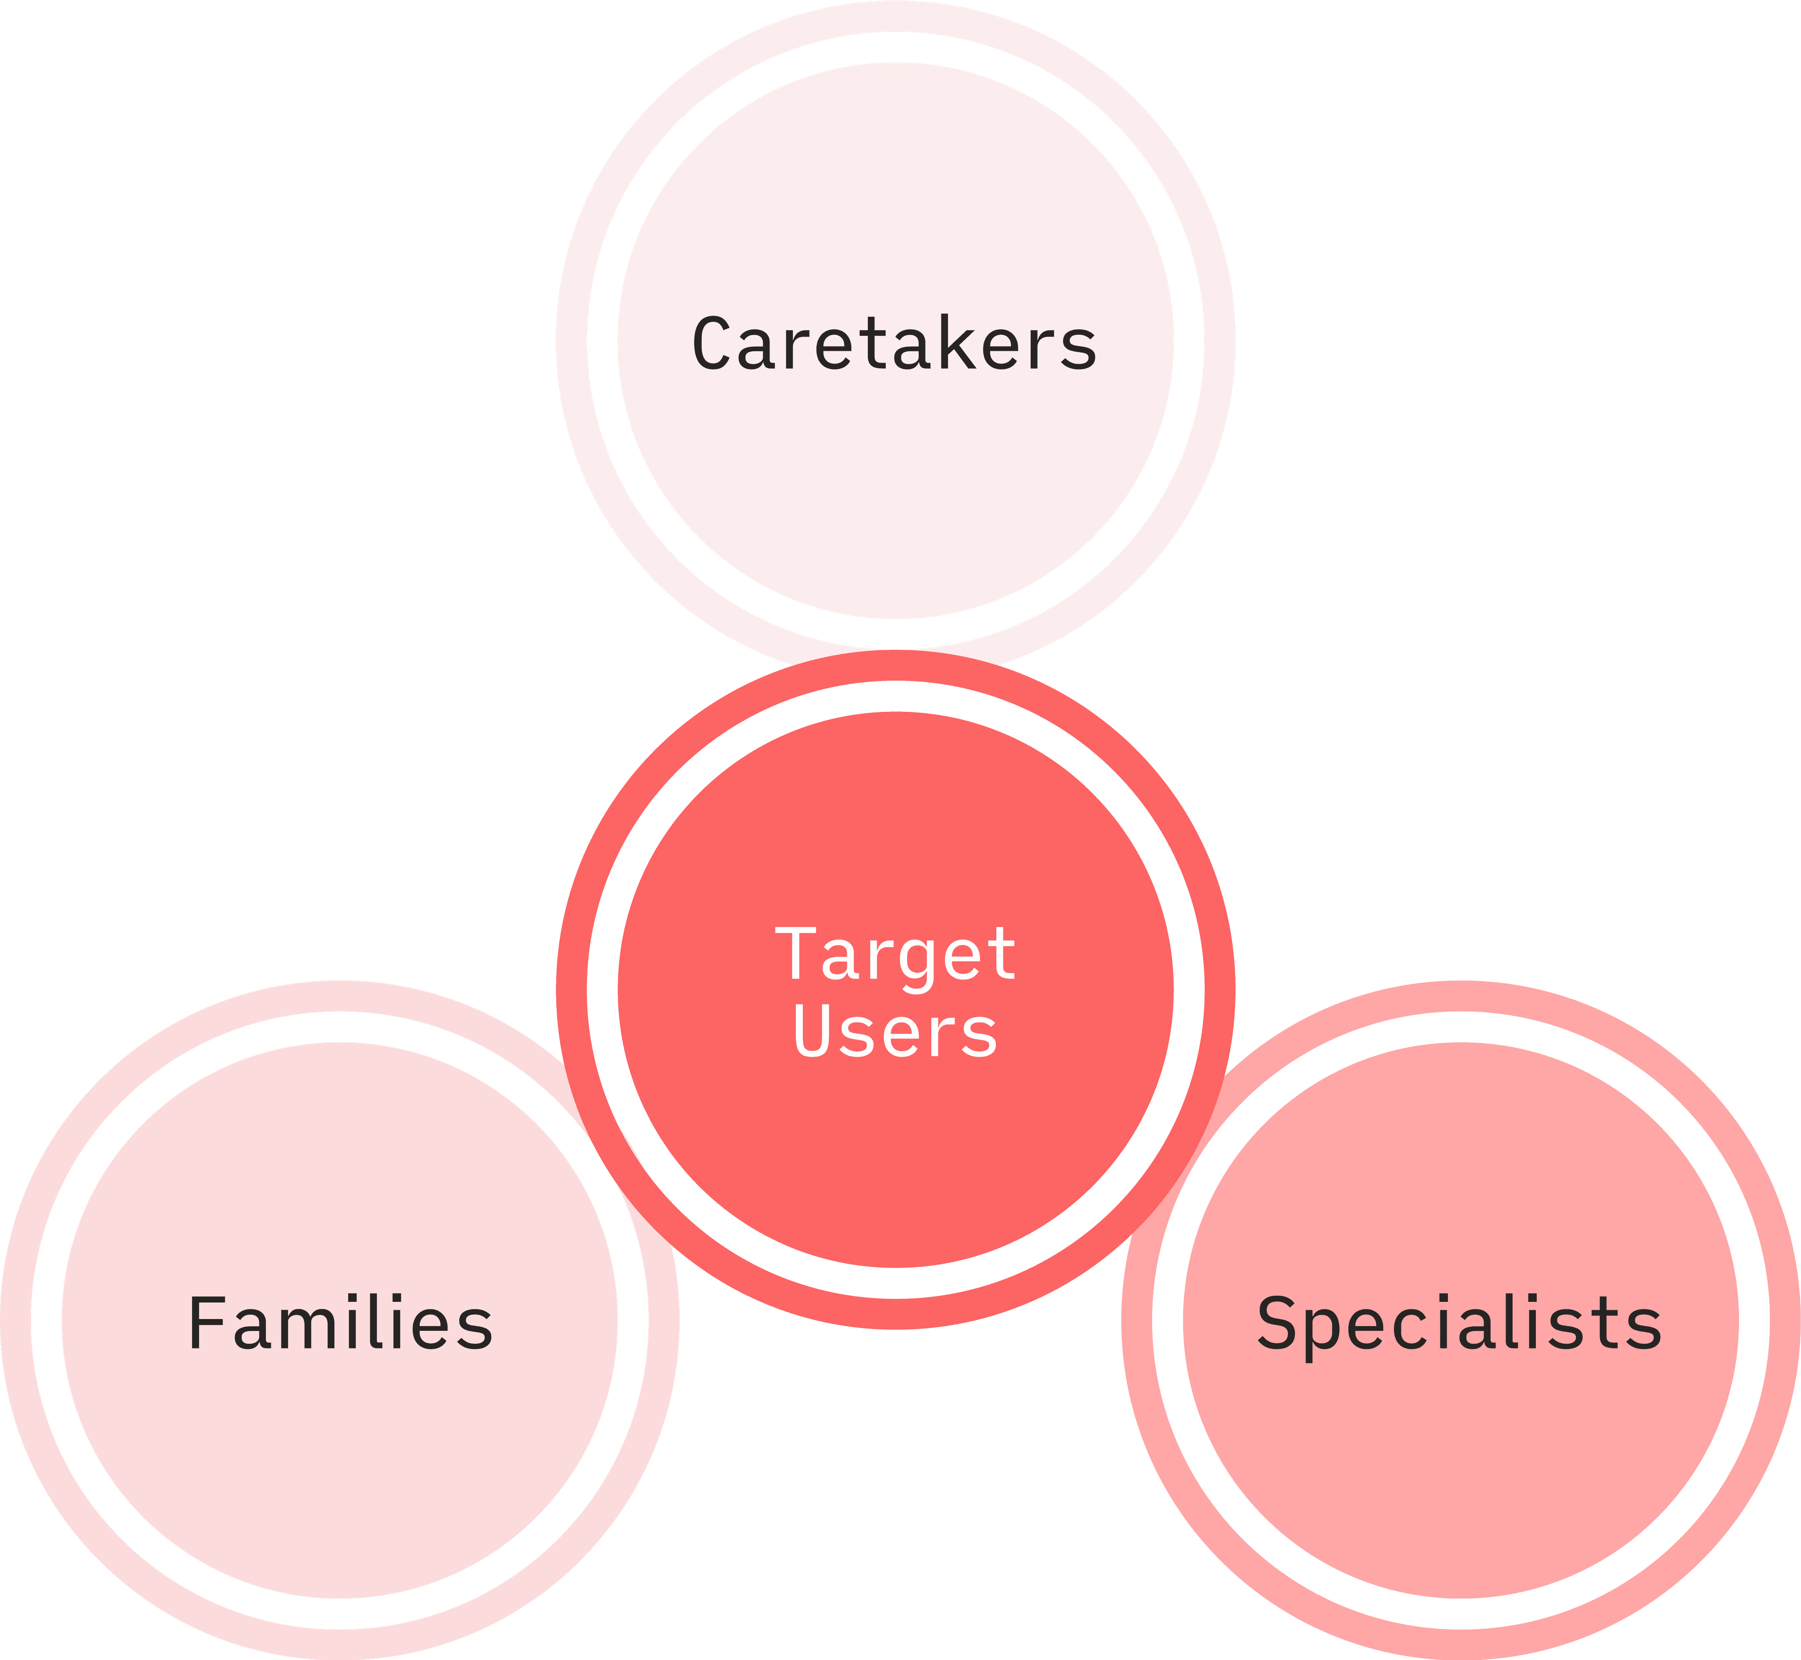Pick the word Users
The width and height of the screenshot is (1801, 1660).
[x=895, y=1031]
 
